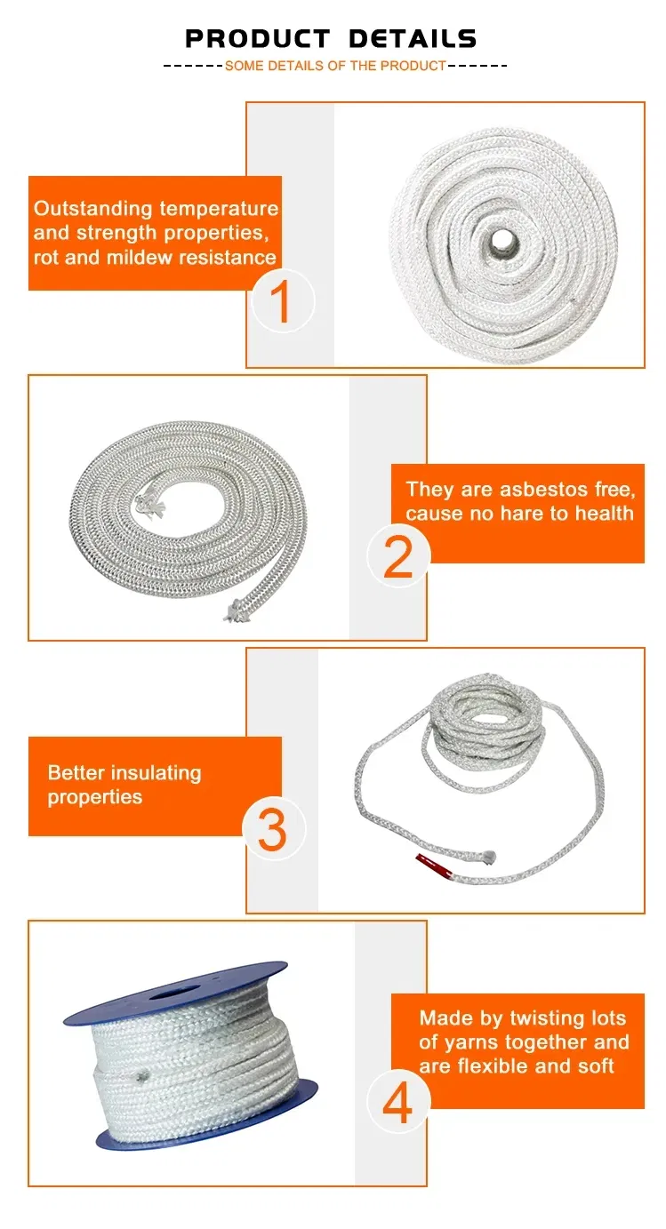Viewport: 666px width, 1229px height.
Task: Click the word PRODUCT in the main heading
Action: tap(258, 39)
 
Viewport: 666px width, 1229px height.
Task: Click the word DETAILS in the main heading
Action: tap(413, 39)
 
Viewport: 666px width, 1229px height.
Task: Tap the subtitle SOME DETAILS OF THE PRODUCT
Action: tap(335, 66)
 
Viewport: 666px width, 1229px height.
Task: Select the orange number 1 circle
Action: tap(281, 301)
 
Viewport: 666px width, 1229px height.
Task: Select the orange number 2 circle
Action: tap(397, 556)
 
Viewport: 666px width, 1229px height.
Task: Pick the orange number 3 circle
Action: tap(273, 829)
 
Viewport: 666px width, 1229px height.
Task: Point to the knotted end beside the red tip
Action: tap(486, 858)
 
